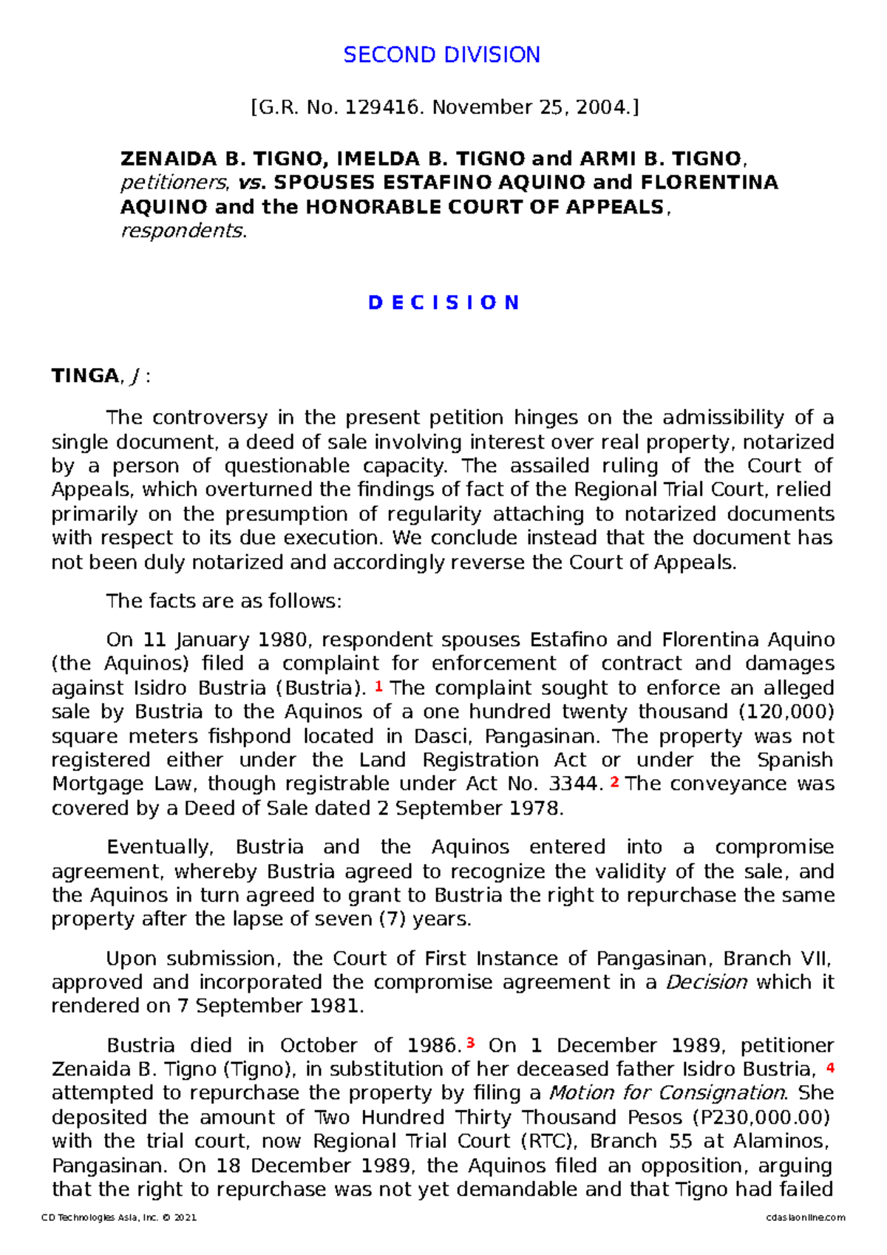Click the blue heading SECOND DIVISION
pyautogui.click(x=441, y=55)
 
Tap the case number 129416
pyautogui.click(x=384, y=108)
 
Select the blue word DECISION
pyautogui.click(x=443, y=303)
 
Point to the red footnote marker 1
pyautogui.click(x=378, y=687)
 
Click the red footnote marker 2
pyautogui.click(x=614, y=782)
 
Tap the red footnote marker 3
pyautogui.click(x=470, y=1044)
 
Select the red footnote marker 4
pyautogui.click(x=830, y=1067)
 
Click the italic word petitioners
pyautogui.click(x=174, y=183)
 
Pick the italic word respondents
pyautogui.click(x=182, y=231)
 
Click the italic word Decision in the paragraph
pyautogui.click(x=706, y=982)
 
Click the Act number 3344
pyautogui.click(x=575, y=783)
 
